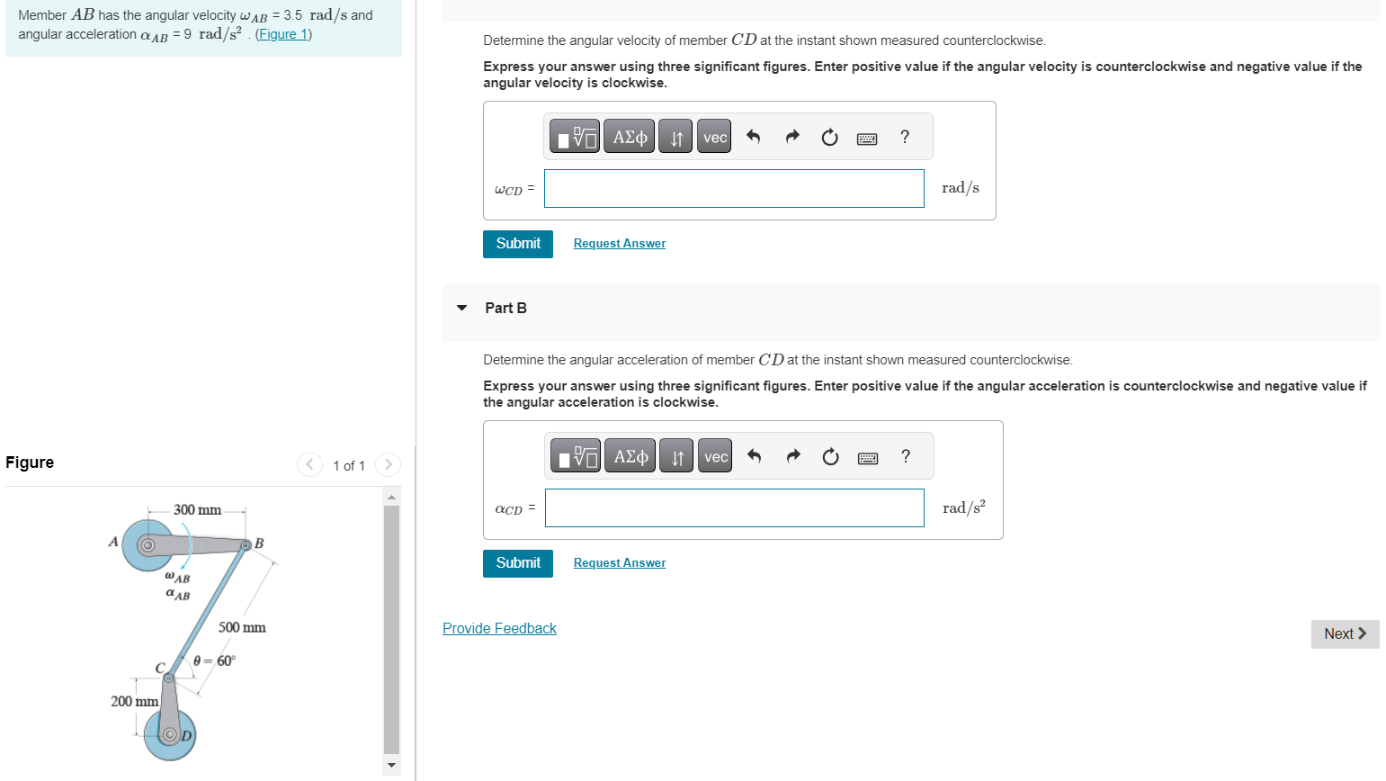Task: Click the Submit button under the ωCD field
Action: point(518,244)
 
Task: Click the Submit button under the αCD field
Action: point(518,563)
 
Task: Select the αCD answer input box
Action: point(734,507)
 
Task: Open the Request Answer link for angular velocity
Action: point(620,244)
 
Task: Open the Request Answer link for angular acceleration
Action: point(620,563)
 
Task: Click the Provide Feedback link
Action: point(499,628)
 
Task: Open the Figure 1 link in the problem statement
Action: point(283,34)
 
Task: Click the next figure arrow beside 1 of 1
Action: point(388,464)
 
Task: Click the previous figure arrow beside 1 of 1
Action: point(309,464)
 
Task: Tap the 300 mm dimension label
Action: point(198,510)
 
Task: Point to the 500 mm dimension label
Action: point(242,627)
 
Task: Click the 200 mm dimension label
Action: point(134,701)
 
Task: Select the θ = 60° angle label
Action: point(215,660)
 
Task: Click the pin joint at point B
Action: point(245,544)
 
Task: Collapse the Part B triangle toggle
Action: point(462,308)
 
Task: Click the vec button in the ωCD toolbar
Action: point(715,137)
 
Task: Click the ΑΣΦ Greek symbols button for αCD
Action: point(630,456)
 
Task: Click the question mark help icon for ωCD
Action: point(905,137)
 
